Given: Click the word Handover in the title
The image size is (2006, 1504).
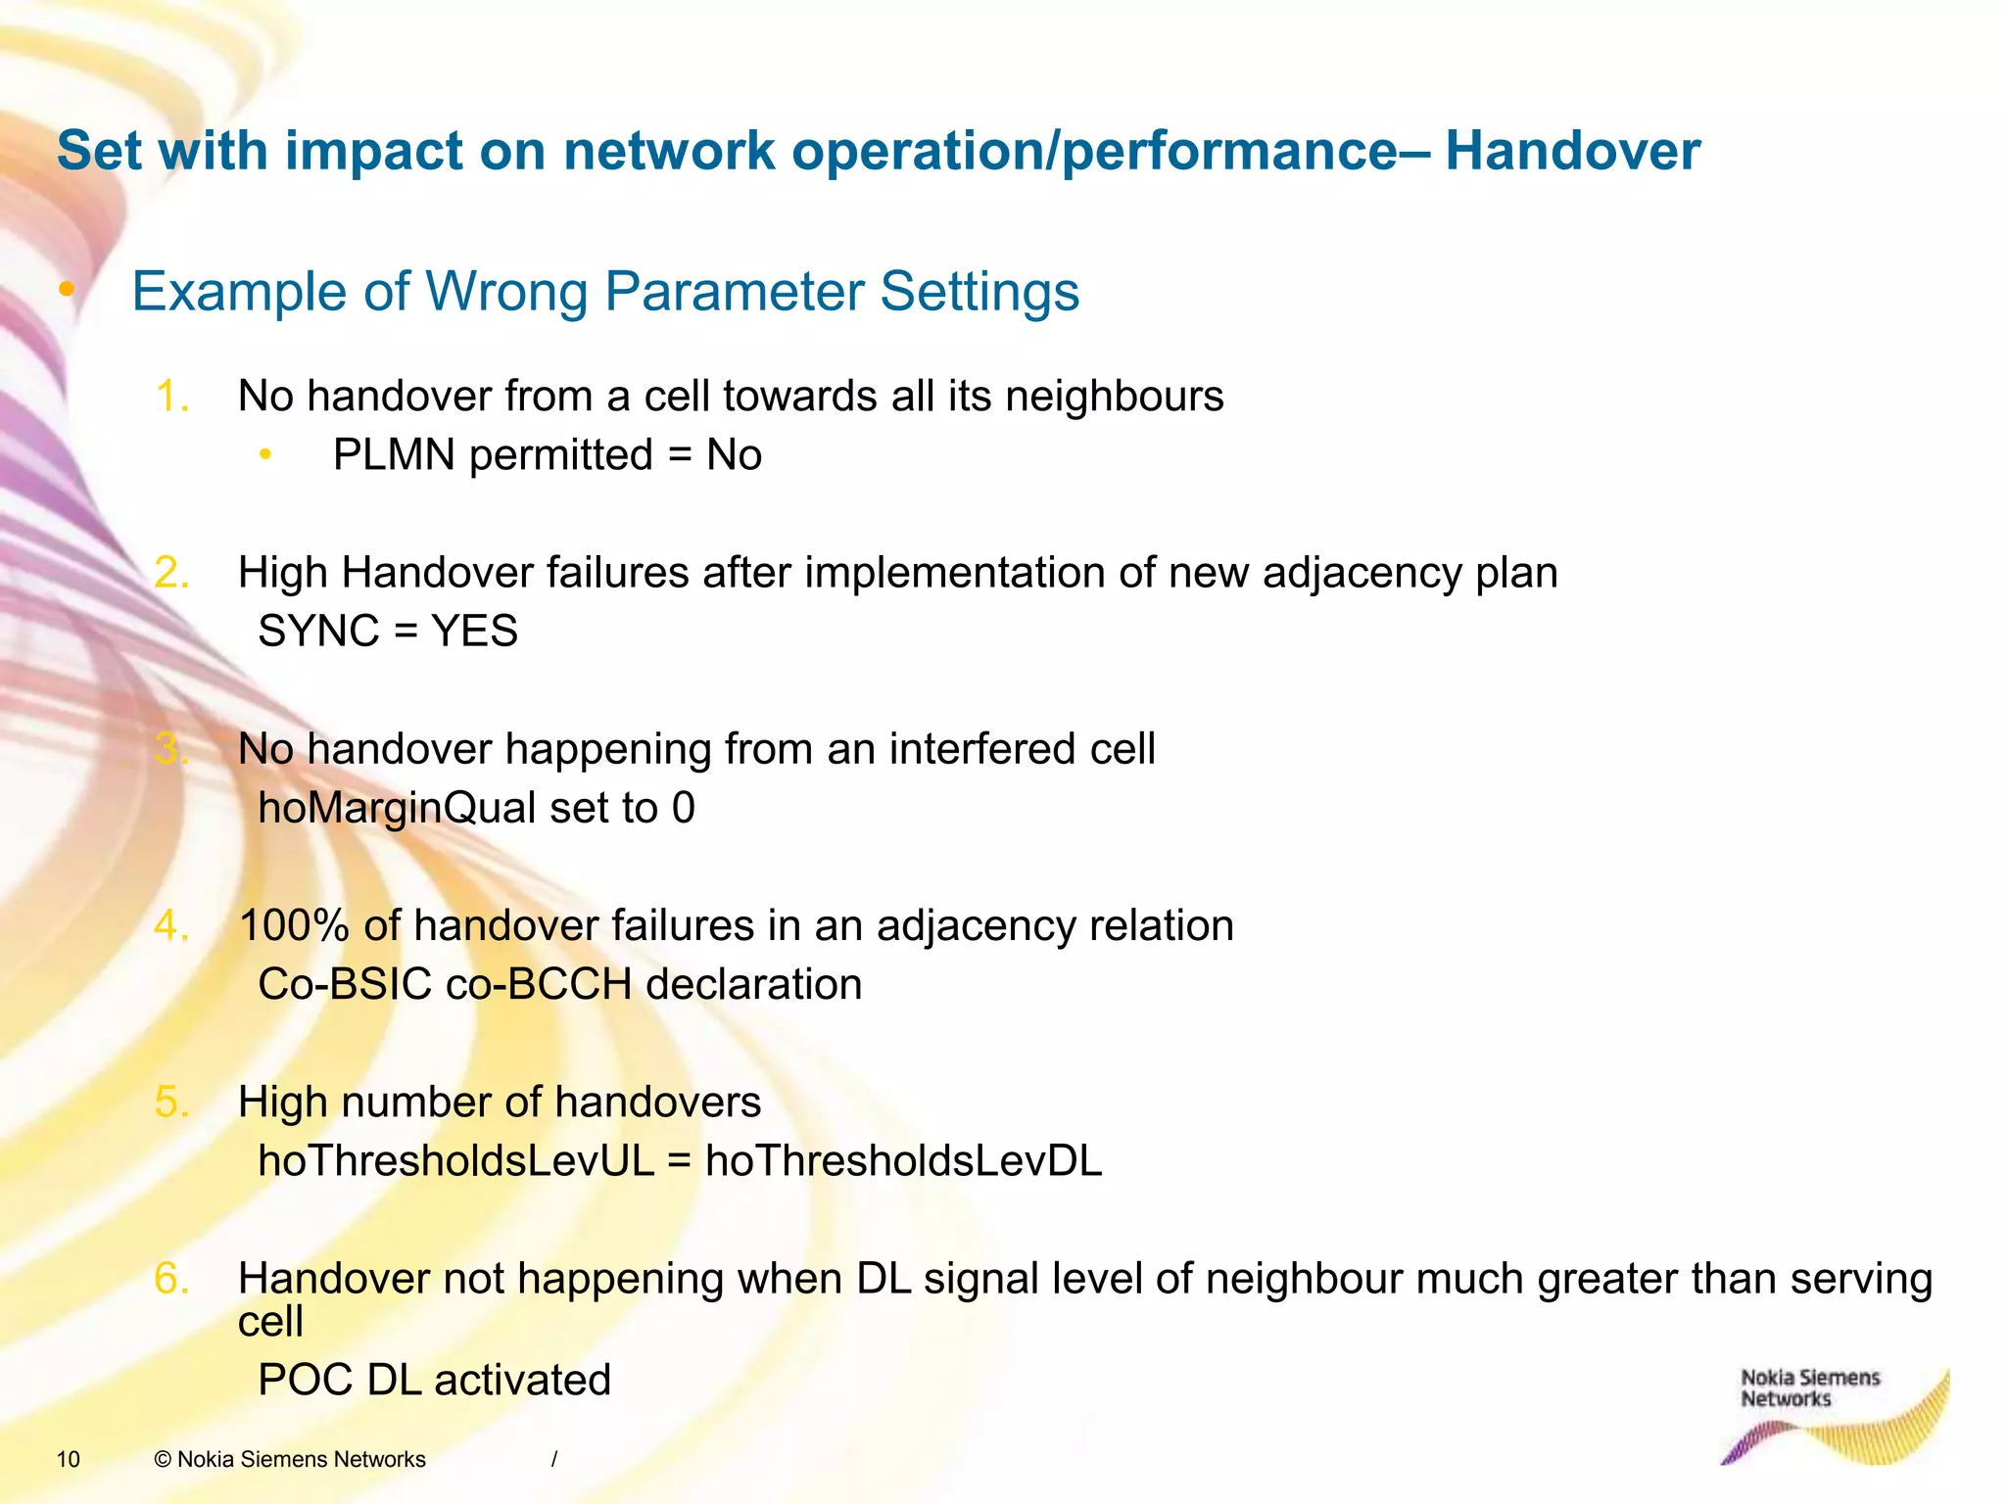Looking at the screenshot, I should (1571, 152).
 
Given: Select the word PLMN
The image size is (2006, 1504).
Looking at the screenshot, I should (394, 455).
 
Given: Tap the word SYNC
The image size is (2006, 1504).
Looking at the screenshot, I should (317, 632).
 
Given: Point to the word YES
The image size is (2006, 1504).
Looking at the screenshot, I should (474, 632).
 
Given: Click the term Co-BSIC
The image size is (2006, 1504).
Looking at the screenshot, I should (344, 985).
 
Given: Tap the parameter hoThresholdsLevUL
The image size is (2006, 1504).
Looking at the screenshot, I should (455, 1161).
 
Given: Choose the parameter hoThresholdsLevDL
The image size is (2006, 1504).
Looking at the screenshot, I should (903, 1161).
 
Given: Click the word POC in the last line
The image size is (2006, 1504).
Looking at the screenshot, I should (305, 1381).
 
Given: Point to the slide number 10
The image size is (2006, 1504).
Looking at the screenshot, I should (69, 1460).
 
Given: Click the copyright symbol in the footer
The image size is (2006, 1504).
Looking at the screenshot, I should (164, 1460).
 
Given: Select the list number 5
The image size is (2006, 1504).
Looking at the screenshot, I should (169, 1103).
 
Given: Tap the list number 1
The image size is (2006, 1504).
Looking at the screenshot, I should (169, 397).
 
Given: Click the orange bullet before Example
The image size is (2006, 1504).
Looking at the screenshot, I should (67, 289).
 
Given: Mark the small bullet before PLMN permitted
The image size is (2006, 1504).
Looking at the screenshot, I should (264, 454).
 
